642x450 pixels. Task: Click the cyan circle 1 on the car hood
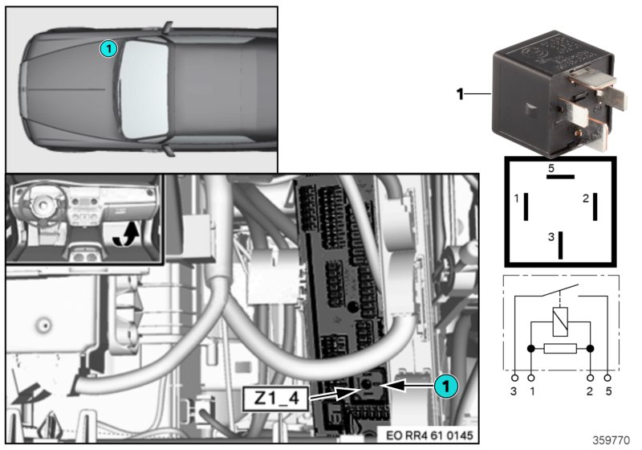tap(108, 50)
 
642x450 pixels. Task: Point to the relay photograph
tap(554, 88)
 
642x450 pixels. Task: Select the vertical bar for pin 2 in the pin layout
tap(595, 207)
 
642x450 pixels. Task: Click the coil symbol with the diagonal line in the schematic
tap(560, 322)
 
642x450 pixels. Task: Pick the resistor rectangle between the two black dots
tap(560, 349)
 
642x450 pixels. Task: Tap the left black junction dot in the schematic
tap(530, 349)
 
